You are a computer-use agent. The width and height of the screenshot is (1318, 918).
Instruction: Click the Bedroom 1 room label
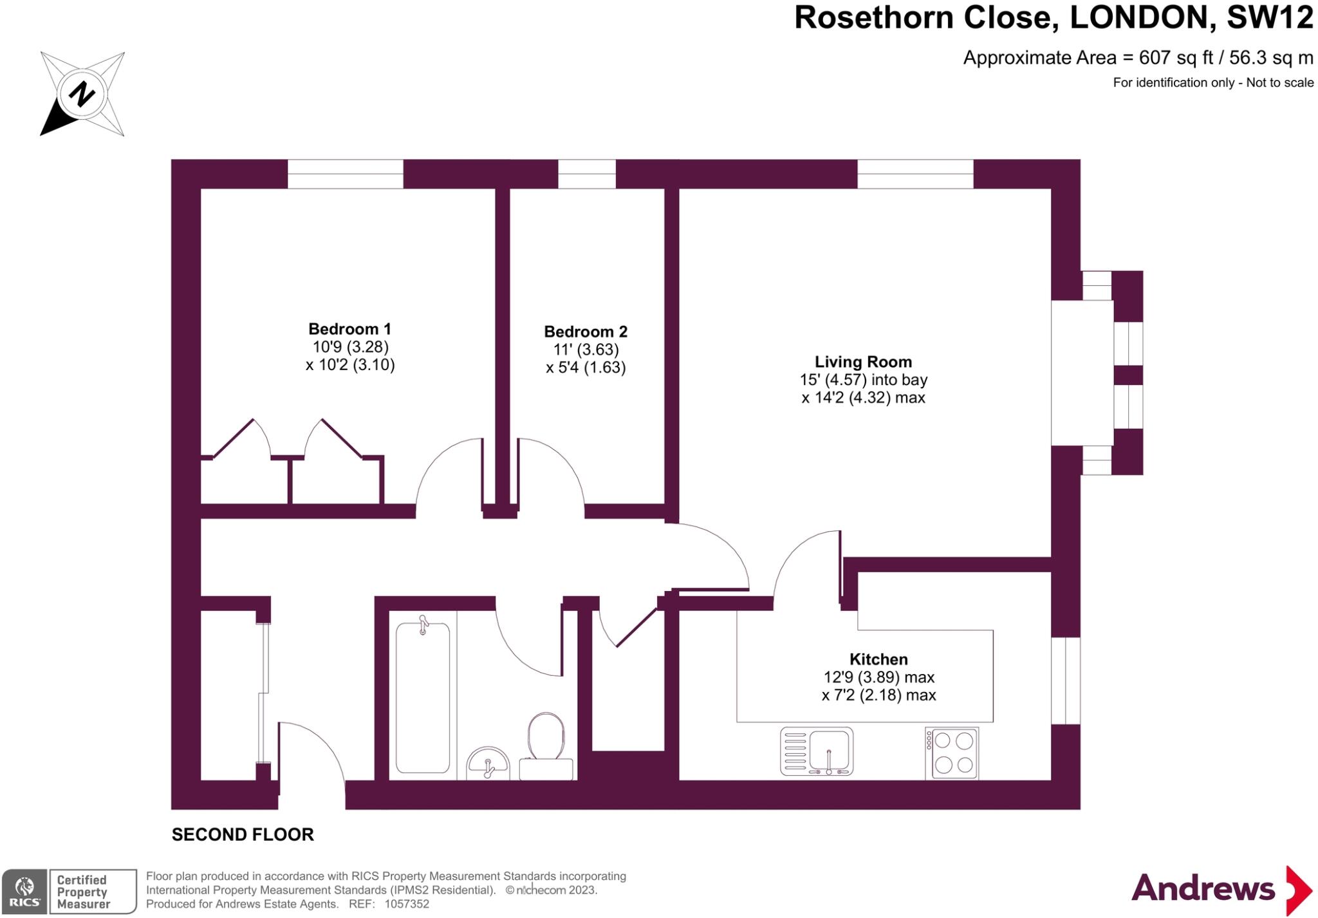coord(349,329)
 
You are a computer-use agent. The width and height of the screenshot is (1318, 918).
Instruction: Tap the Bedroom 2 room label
coord(585,332)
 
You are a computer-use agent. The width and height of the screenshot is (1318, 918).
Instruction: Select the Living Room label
coord(863,362)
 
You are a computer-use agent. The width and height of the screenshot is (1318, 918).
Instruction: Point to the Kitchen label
coord(878,659)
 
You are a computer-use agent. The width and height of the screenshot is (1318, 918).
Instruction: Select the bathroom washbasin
coord(488,763)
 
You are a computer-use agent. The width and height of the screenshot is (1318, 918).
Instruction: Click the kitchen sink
coord(816,751)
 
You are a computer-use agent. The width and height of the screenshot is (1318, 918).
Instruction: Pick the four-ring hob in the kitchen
coord(952,753)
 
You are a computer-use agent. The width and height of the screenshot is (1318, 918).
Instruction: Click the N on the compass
coord(82,95)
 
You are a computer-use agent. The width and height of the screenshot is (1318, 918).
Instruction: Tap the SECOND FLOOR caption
coord(243,834)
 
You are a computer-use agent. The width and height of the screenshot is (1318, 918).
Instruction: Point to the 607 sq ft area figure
coord(1175,58)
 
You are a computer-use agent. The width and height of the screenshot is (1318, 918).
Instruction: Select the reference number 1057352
coord(407,904)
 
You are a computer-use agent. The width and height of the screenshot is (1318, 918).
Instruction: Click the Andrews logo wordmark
coord(1203,889)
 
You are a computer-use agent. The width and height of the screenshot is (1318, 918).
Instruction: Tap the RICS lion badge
coord(24,891)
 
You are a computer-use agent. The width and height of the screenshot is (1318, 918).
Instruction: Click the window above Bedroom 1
coord(345,174)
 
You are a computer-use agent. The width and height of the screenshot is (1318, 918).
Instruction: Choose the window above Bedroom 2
coord(586,174)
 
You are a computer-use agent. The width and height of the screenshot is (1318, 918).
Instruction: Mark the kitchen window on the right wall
coord(1066,680)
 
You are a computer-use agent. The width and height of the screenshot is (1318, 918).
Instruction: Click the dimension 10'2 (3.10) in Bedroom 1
coord(350,365)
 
